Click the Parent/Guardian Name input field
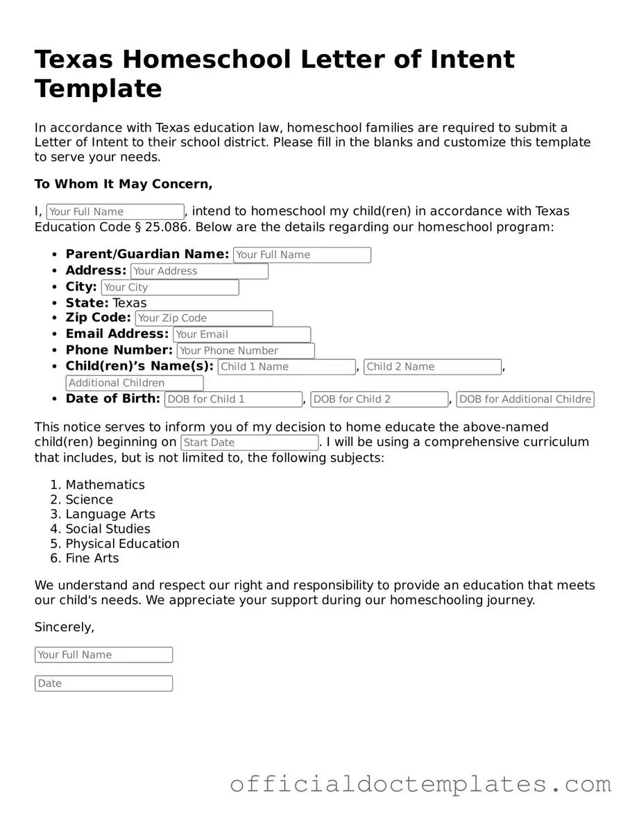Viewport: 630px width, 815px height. tap(302, 255)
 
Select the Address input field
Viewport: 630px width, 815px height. tap(199, 271)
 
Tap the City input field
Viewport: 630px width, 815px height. tap(170, 287)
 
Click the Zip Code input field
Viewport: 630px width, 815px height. tap(204, 318)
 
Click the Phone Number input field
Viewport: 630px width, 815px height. tap(246, 351)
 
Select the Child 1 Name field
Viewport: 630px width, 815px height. tap(287, 367)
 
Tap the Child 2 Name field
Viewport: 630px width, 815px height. tap(432, 367)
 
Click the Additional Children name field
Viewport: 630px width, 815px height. tap(135, 383)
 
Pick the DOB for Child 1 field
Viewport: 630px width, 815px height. tap(233, 400)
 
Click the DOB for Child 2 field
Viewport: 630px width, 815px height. tap(380, 400)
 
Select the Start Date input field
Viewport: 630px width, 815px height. tap(250, 443)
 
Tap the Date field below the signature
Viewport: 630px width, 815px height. tap(103, 683)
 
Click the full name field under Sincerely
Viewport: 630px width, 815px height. tap(103, 655)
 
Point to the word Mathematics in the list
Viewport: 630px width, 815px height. tap(105, 485)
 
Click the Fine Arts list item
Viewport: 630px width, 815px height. tap(92, 558)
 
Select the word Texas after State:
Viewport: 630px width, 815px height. tap(130, 303)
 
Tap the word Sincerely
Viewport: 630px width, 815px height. tap(64, 627)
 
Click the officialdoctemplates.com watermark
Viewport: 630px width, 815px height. tap(420, 784)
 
